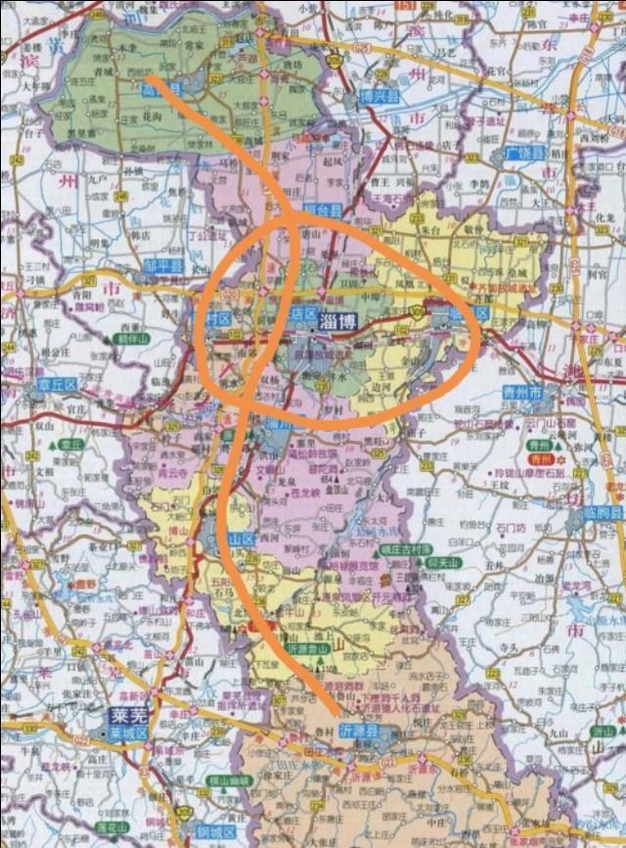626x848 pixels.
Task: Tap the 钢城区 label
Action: click(x=218, y=832)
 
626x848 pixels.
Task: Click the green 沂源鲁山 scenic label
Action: click(x=311, y=648)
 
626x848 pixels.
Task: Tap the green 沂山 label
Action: click(x=604, y=730)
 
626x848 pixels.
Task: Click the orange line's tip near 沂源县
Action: click(x=336, y=713)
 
